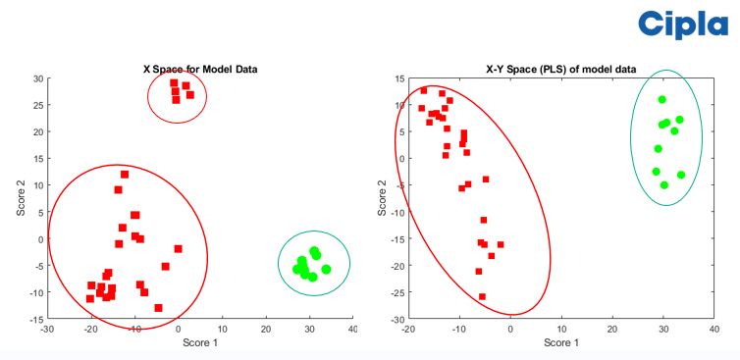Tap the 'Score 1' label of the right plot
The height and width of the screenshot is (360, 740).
[x=560, y=342]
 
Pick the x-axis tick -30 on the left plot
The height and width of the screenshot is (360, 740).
[x=46, y=330]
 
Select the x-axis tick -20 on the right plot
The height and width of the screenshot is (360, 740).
[x=408, y=331]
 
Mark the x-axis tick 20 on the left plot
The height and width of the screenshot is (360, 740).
[x=265, y=330]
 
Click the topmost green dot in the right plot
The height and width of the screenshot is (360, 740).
[x=662, y=99]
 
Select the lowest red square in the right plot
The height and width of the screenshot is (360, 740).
[x=482, y=296]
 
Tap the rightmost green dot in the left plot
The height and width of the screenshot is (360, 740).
[x=326, y=269]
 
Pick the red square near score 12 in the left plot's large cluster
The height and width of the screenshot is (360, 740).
[x=125, y=175]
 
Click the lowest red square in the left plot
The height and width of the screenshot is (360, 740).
[x=158, y=307]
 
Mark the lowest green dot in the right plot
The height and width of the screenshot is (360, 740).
[x=664, y=184]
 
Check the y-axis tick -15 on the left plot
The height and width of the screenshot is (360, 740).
[x=35, y=320]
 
